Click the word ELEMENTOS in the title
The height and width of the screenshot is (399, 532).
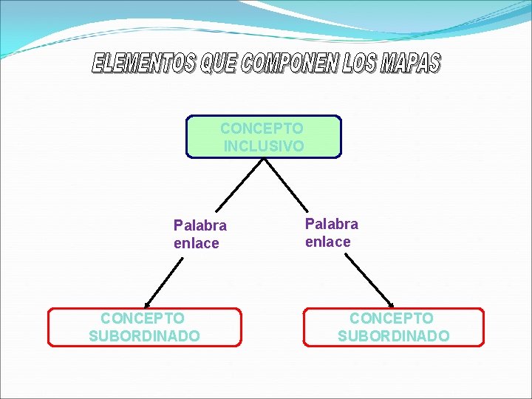point(144,64)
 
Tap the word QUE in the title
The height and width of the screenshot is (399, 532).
point(219,64)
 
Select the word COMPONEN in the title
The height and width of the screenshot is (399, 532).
point(288,64)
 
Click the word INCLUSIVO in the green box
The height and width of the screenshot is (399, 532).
point(264,146)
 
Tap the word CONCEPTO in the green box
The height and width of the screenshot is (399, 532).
point(262,128)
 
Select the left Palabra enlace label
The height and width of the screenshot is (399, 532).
point(199,234)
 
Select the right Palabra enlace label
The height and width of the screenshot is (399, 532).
point(332,232)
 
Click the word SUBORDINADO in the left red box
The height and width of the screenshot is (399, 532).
point(144,336)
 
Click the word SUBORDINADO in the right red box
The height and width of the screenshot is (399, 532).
point(393,336)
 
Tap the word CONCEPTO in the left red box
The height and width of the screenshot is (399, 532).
point(143,318)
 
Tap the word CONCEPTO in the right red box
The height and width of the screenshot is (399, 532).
point(392,318)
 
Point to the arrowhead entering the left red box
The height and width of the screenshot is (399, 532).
point(148,304)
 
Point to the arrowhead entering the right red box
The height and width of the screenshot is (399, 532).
point(391,304)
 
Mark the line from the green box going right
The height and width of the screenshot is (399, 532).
point(286,184)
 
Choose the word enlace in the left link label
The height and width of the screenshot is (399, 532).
point(197,243)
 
